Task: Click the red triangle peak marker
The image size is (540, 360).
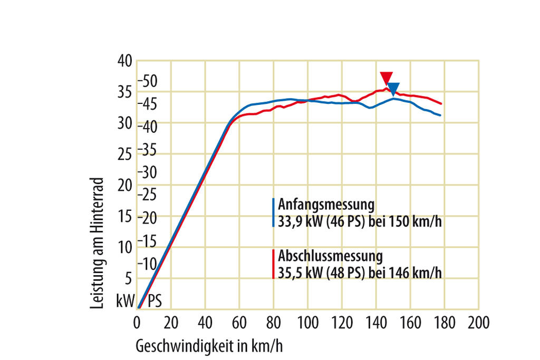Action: pos(387,77)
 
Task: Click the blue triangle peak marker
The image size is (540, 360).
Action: pos(393,89)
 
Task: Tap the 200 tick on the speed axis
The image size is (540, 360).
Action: pos(478,321)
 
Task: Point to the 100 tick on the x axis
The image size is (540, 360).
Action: pos(307,321)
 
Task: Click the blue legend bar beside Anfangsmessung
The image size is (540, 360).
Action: pos(273,212)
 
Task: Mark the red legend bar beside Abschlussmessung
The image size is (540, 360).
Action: pos(273,264)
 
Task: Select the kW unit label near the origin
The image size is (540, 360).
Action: pos(126,301)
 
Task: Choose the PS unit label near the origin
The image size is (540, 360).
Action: pos(154,301)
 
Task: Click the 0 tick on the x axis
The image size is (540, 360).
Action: pos(137,321)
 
